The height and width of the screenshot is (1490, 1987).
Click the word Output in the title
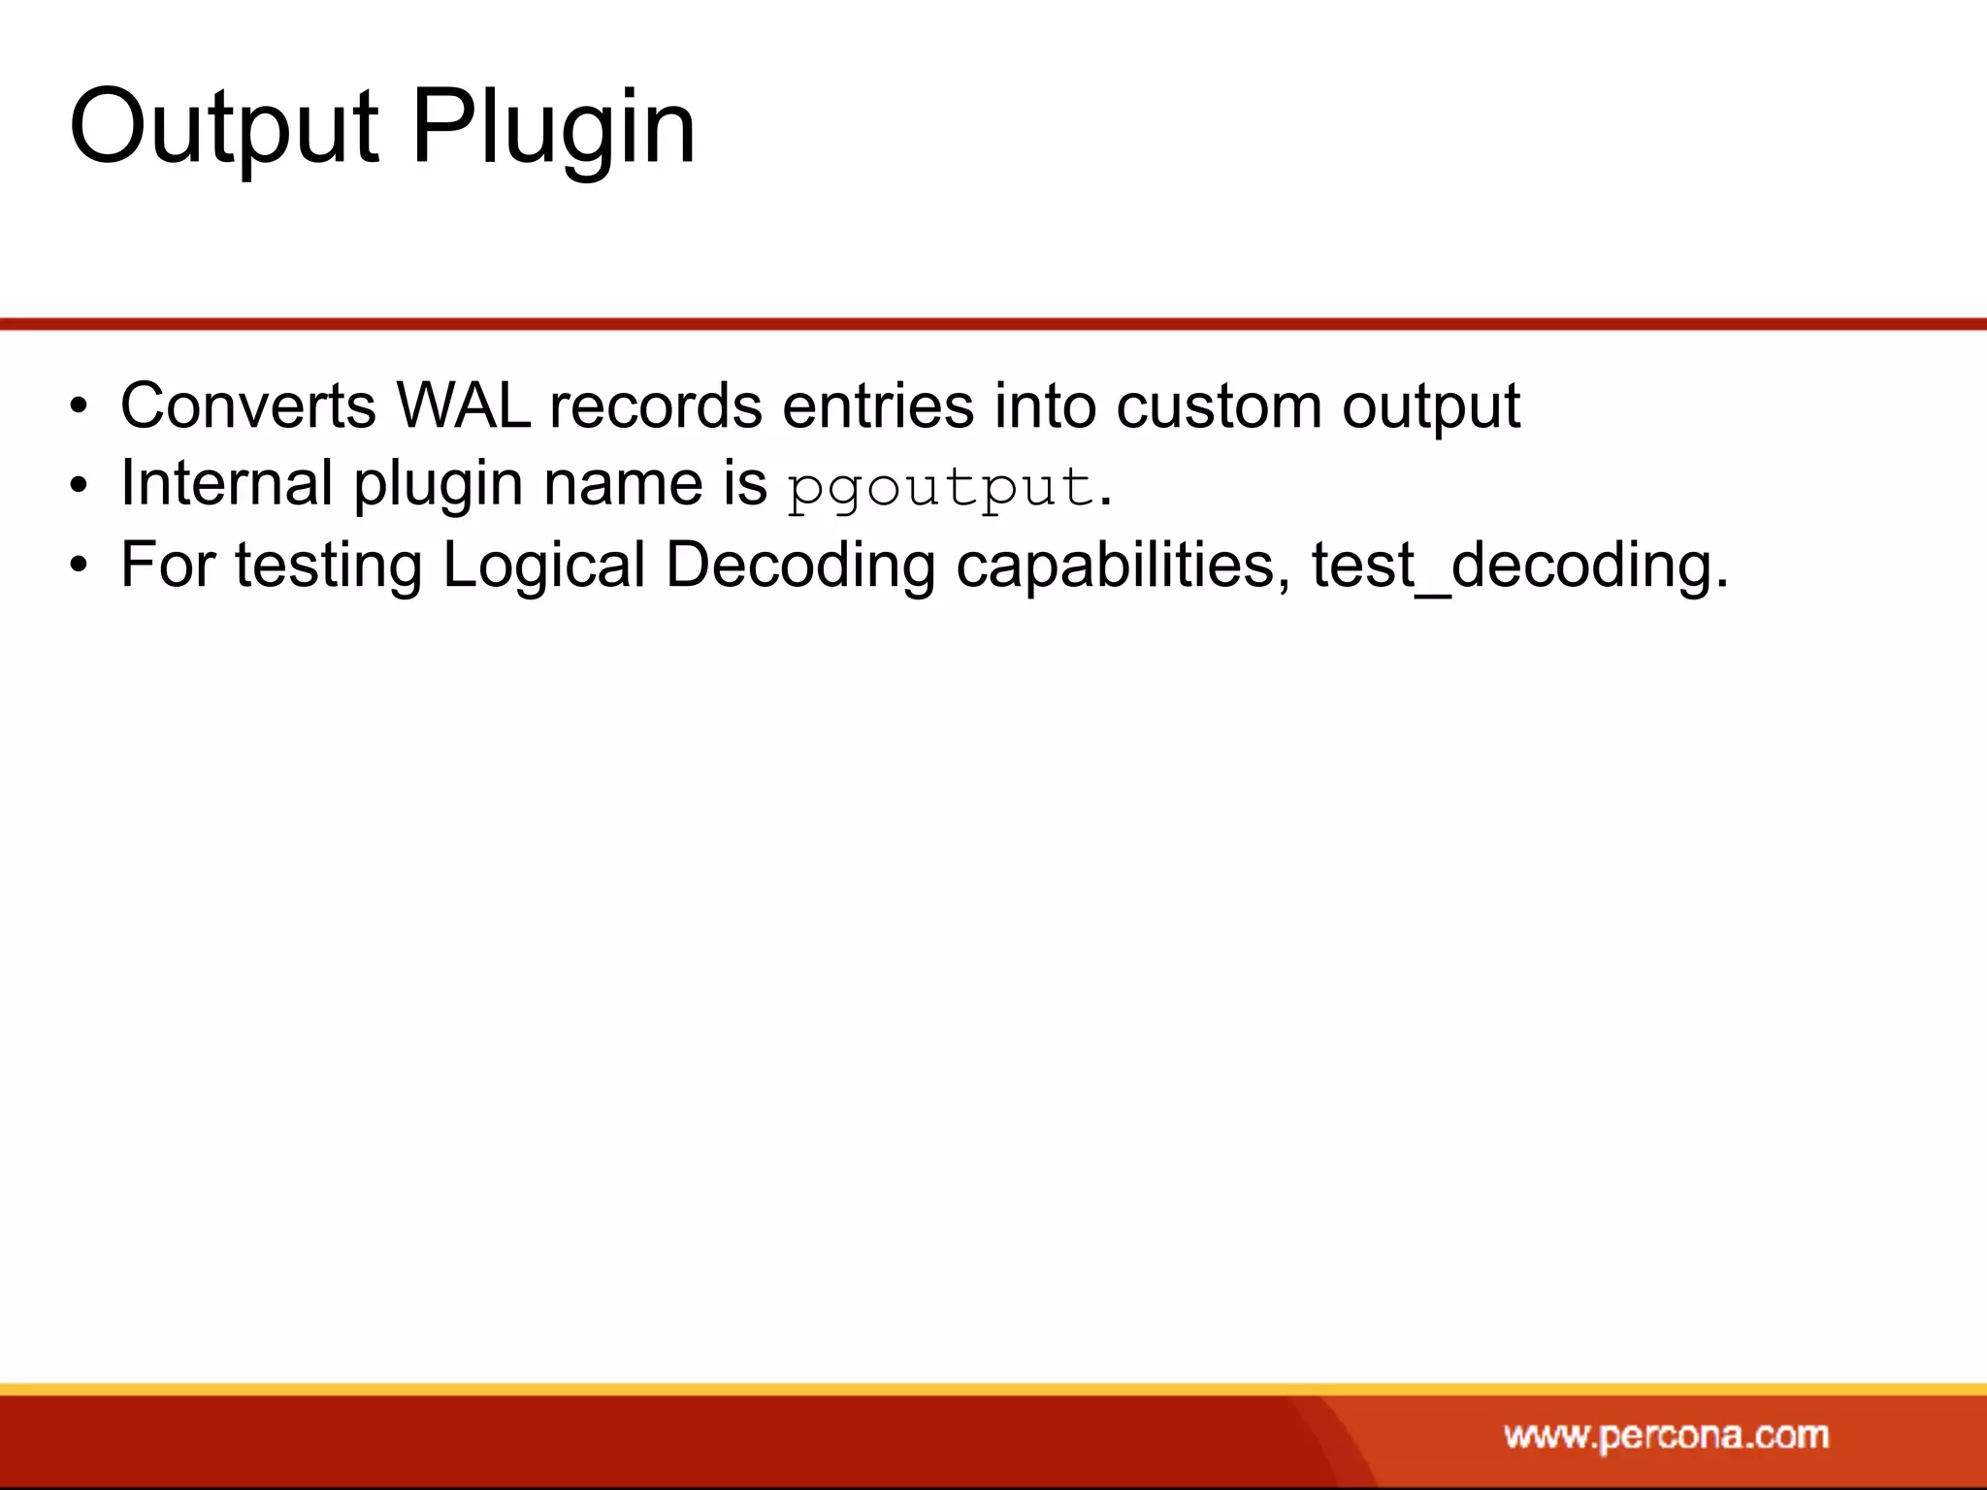(224, 127)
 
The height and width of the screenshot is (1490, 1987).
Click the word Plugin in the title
(553, 129)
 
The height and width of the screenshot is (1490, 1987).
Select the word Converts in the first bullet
(248, 405)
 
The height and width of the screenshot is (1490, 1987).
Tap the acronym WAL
(464, 405)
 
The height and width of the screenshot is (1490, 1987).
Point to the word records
(656, 405)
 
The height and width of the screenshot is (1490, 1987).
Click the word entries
(878, 405)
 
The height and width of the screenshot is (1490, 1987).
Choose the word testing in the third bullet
(329, 565)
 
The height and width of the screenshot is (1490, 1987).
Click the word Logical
(544, 565)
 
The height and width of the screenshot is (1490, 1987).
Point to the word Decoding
(800, 565)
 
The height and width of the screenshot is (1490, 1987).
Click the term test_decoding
(1519, 565)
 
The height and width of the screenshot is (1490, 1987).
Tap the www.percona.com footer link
(1666, 1435)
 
